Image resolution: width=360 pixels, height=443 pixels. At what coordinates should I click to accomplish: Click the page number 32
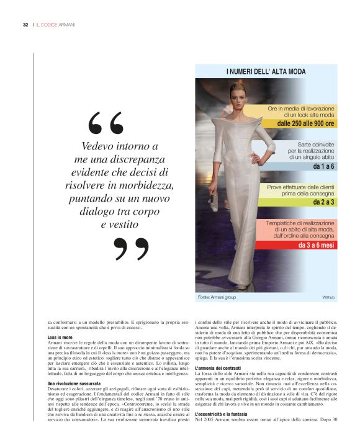[x=25, y=25]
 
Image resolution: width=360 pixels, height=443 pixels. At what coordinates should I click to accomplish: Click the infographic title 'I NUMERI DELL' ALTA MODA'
[x=266, y=72]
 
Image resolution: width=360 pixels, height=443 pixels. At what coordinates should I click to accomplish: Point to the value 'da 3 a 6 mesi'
[x=315, y=246]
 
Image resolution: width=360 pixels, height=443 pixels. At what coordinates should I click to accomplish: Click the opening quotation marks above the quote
[x=106, y=124]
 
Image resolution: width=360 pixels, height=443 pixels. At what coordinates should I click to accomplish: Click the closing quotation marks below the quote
[x=132, y=248]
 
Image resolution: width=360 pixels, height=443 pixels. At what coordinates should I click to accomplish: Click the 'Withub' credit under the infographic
[x=328, y=298]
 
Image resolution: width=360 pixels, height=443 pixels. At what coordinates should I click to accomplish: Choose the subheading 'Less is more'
[x=60, y=337]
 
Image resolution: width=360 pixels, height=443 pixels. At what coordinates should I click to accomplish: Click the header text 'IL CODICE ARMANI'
[x=55, y=25]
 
